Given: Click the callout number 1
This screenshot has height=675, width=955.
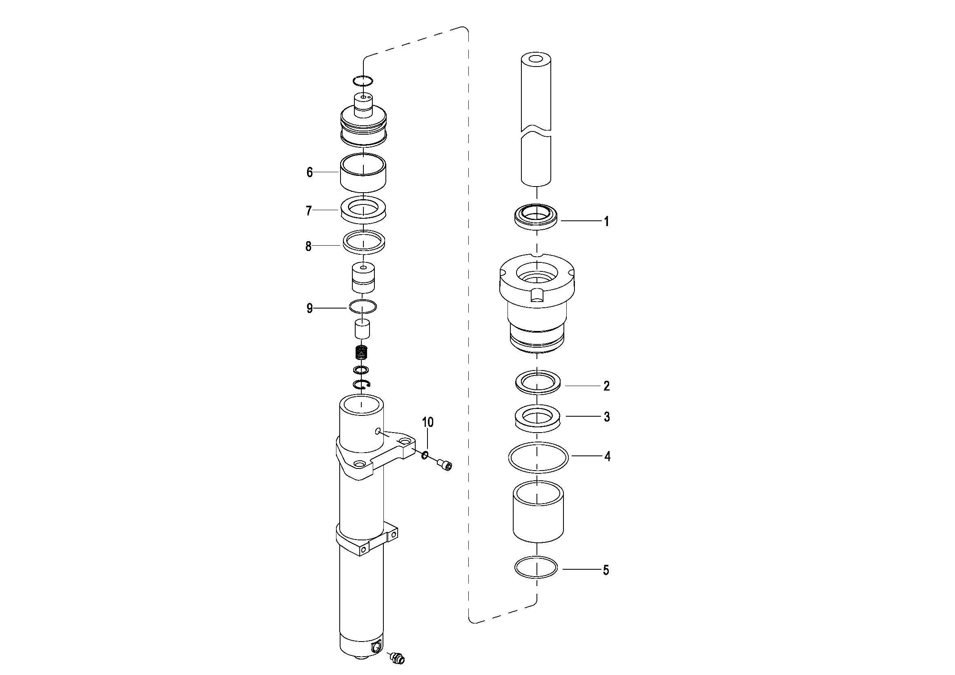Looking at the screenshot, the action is [606, 222].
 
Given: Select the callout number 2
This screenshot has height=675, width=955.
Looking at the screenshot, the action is [606, 386].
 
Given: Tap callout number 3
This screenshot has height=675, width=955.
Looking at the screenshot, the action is [607, 417].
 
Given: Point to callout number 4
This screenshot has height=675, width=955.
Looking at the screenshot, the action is [607, 457].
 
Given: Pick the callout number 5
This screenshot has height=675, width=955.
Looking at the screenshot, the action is [606, 570].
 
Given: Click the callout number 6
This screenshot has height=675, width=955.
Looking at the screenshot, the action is [309, 172].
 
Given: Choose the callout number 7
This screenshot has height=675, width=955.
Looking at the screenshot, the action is [309, 211].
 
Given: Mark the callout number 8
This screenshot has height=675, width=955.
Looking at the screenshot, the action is [309, 246].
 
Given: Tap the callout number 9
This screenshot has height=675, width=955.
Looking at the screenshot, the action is [309, 309].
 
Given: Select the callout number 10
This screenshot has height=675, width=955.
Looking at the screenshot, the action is [428, 422].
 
